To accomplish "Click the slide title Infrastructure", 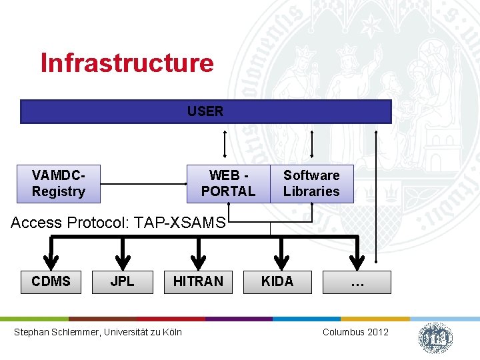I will (127, 63).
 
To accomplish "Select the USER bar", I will (205, 111).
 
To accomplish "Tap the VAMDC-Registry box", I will (59, 183).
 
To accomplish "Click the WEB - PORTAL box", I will (228, 183).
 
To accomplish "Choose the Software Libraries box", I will (311, 183).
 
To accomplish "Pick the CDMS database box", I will (51, 281).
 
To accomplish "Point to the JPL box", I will (122, 281).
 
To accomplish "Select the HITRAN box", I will (198, 281).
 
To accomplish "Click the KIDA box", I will (277, 281).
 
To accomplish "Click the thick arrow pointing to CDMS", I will (51, 254).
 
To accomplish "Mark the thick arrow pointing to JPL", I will (122, 254).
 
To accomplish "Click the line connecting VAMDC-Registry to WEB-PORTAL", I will (143, 183).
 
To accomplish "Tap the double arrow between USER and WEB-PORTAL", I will (225, 144).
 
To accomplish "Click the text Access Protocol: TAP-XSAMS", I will (119, 223).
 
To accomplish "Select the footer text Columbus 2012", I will (355, 332).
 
